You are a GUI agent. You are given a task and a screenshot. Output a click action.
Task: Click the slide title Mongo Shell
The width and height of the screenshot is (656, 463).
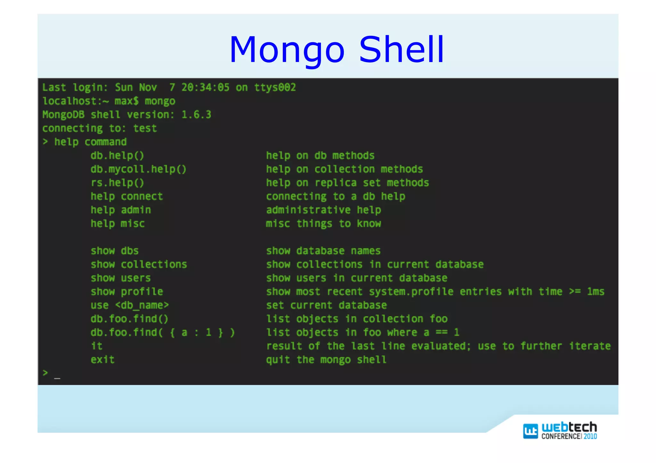click(337, 50)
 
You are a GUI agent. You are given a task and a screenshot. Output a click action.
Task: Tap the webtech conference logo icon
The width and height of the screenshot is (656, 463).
click(530, 431)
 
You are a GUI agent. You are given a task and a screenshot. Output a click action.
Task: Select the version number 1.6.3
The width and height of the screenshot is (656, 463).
click(196, 115)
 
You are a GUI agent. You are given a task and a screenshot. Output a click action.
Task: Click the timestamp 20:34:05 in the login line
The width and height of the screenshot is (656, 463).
click(205, 87)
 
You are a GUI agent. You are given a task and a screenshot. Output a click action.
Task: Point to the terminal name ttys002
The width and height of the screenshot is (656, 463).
click(275, 87)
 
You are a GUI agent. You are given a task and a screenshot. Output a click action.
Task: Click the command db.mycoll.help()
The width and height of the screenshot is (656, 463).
click(138, 169)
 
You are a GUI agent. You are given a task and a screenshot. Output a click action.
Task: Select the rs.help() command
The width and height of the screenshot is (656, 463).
click(117, 183)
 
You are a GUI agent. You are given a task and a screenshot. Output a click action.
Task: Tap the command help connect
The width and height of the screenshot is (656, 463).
click(127, 196)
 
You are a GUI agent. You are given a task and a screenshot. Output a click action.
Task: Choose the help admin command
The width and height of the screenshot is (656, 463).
click(120, 210)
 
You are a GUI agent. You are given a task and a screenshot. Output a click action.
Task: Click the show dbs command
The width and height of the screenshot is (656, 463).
click(114, 251)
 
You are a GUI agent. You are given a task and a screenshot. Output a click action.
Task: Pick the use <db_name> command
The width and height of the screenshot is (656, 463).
click(129, 305)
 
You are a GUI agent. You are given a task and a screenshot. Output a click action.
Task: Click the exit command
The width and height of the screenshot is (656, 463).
click(102, 360)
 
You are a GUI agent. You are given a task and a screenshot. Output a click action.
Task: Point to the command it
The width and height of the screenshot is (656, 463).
click(96, 346)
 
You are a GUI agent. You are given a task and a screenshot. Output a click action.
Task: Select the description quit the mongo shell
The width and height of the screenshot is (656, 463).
click(326, 360)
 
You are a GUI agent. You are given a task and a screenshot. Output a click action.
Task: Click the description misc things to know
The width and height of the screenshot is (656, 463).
click(324, 223)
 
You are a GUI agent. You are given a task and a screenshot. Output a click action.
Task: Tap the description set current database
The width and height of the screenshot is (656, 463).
click(326, 305)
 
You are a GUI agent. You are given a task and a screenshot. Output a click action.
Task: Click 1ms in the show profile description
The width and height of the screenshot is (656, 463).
click(595, 291)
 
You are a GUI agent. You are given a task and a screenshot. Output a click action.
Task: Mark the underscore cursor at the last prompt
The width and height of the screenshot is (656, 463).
click(57, 378)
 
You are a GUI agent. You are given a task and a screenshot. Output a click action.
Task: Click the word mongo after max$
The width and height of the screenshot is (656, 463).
click(160, 101)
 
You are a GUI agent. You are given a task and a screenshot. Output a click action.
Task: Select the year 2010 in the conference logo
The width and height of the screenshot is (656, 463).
click(590, 436)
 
